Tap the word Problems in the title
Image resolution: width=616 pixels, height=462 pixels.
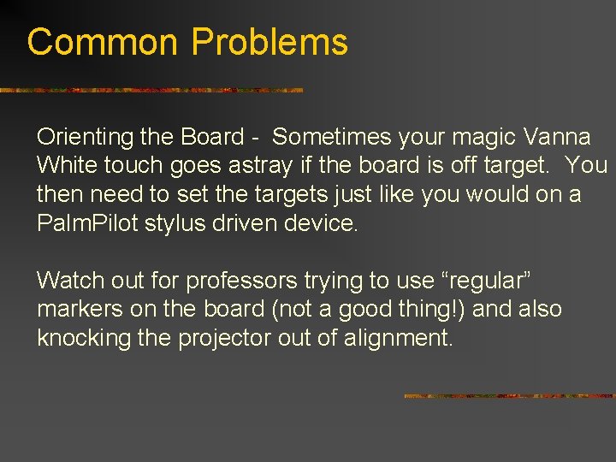point(269,42)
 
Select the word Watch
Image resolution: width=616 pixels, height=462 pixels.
point(69,280)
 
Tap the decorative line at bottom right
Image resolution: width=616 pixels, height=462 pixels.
point(509,396)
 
